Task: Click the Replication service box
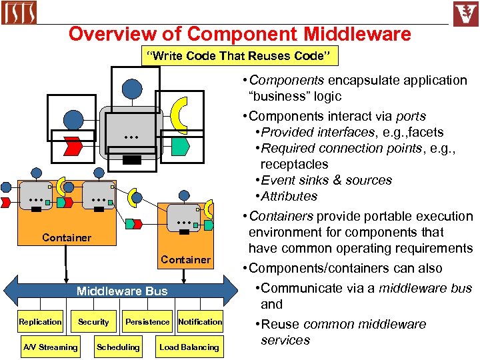pyautogui.click(x=40, y=322)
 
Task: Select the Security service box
pyautogui.click(x=93, y=322)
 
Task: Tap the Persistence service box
pyautogui.click(x=147, y=322)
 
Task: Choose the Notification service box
pyautogui.click(x=200, y=322)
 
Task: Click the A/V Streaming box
pyautogui.click(x=50, y=347)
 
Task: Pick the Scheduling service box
pyautogui.click(x=118, y=347)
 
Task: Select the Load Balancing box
pyautogui.click(x=189, y=347)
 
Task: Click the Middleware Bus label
pyautogui.click(x=122, y=291)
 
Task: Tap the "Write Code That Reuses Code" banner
pyautogui.click(x=239, y=56)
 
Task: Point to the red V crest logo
pyautogui.click(x=465, y=13)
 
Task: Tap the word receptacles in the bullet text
pyautogui.click(x=294, y=164)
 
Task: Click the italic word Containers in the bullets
pyautogui.click(x=280, y=216)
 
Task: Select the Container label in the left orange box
pyautogui.click(x=67, y=237)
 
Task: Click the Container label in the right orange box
pyautogui.click(x=185, y=259)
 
